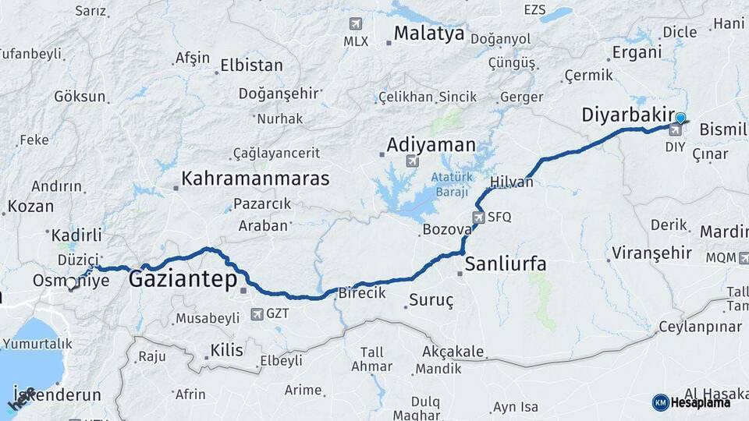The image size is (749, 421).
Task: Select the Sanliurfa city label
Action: (x=506, y=264)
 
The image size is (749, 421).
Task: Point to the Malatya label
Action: (x=428, y=34)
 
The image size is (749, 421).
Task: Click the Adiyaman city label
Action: (x=431, y=145)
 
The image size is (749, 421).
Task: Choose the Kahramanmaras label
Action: (x=255, y=179)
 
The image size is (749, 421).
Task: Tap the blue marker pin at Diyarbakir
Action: (x=680, y=119)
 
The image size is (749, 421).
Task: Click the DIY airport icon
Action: (x=675, y=129)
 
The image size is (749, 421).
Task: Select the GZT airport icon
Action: (x=257, y=314)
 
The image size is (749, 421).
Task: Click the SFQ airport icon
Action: (x=478, y=218)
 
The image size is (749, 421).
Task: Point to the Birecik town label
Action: (x=361, y=293)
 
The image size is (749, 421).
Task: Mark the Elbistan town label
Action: (x=251, y=65)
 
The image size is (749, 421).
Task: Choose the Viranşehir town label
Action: (x=652, y=253)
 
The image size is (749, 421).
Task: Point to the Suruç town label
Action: (x=432, y=300)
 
